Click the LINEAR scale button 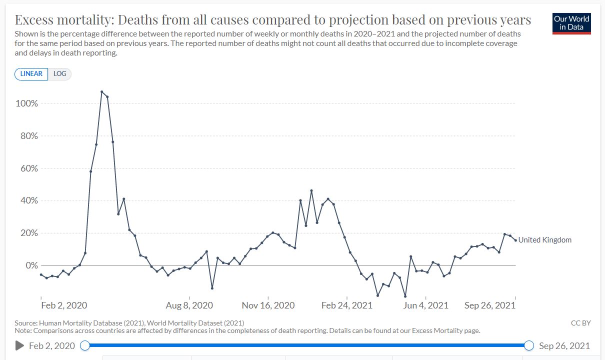(x=31, y=73)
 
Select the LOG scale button (x=60, y=73)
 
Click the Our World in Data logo (x=571, y=23)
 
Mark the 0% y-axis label (x=31, y=265)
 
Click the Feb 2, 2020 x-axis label (x=63, y=305)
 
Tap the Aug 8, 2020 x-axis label (x=189, y=305)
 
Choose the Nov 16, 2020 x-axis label (x=268, y=305)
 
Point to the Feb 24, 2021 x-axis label (x=347, y=305)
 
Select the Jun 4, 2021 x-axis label (x=425, y=305)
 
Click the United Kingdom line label (x=544, y=240)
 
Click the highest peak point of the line (x=101, y=91)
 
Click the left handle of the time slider (x=85, y=345)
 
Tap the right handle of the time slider (x=529, y=345)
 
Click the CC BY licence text (x=580, y=323)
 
